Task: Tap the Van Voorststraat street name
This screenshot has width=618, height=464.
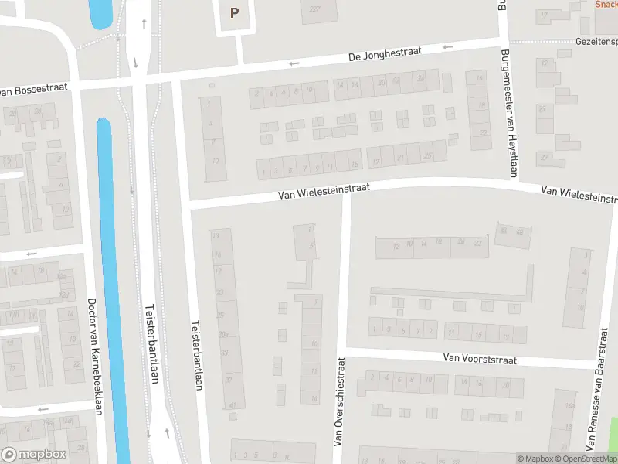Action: point(479,359)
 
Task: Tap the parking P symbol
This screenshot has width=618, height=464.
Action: point(235,12)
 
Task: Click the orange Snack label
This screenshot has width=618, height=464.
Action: point(606,4)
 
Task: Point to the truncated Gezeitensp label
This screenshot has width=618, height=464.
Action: point(596,41)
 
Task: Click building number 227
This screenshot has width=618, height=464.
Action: point(314,9)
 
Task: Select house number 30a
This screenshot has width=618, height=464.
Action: point(223,334)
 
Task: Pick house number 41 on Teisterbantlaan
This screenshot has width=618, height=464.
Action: point(232,405)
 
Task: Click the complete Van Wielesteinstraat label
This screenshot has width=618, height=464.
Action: point(324,192)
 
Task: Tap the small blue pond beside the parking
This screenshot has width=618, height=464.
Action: point(100,12)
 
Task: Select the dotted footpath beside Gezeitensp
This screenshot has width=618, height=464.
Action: point(541,42)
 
